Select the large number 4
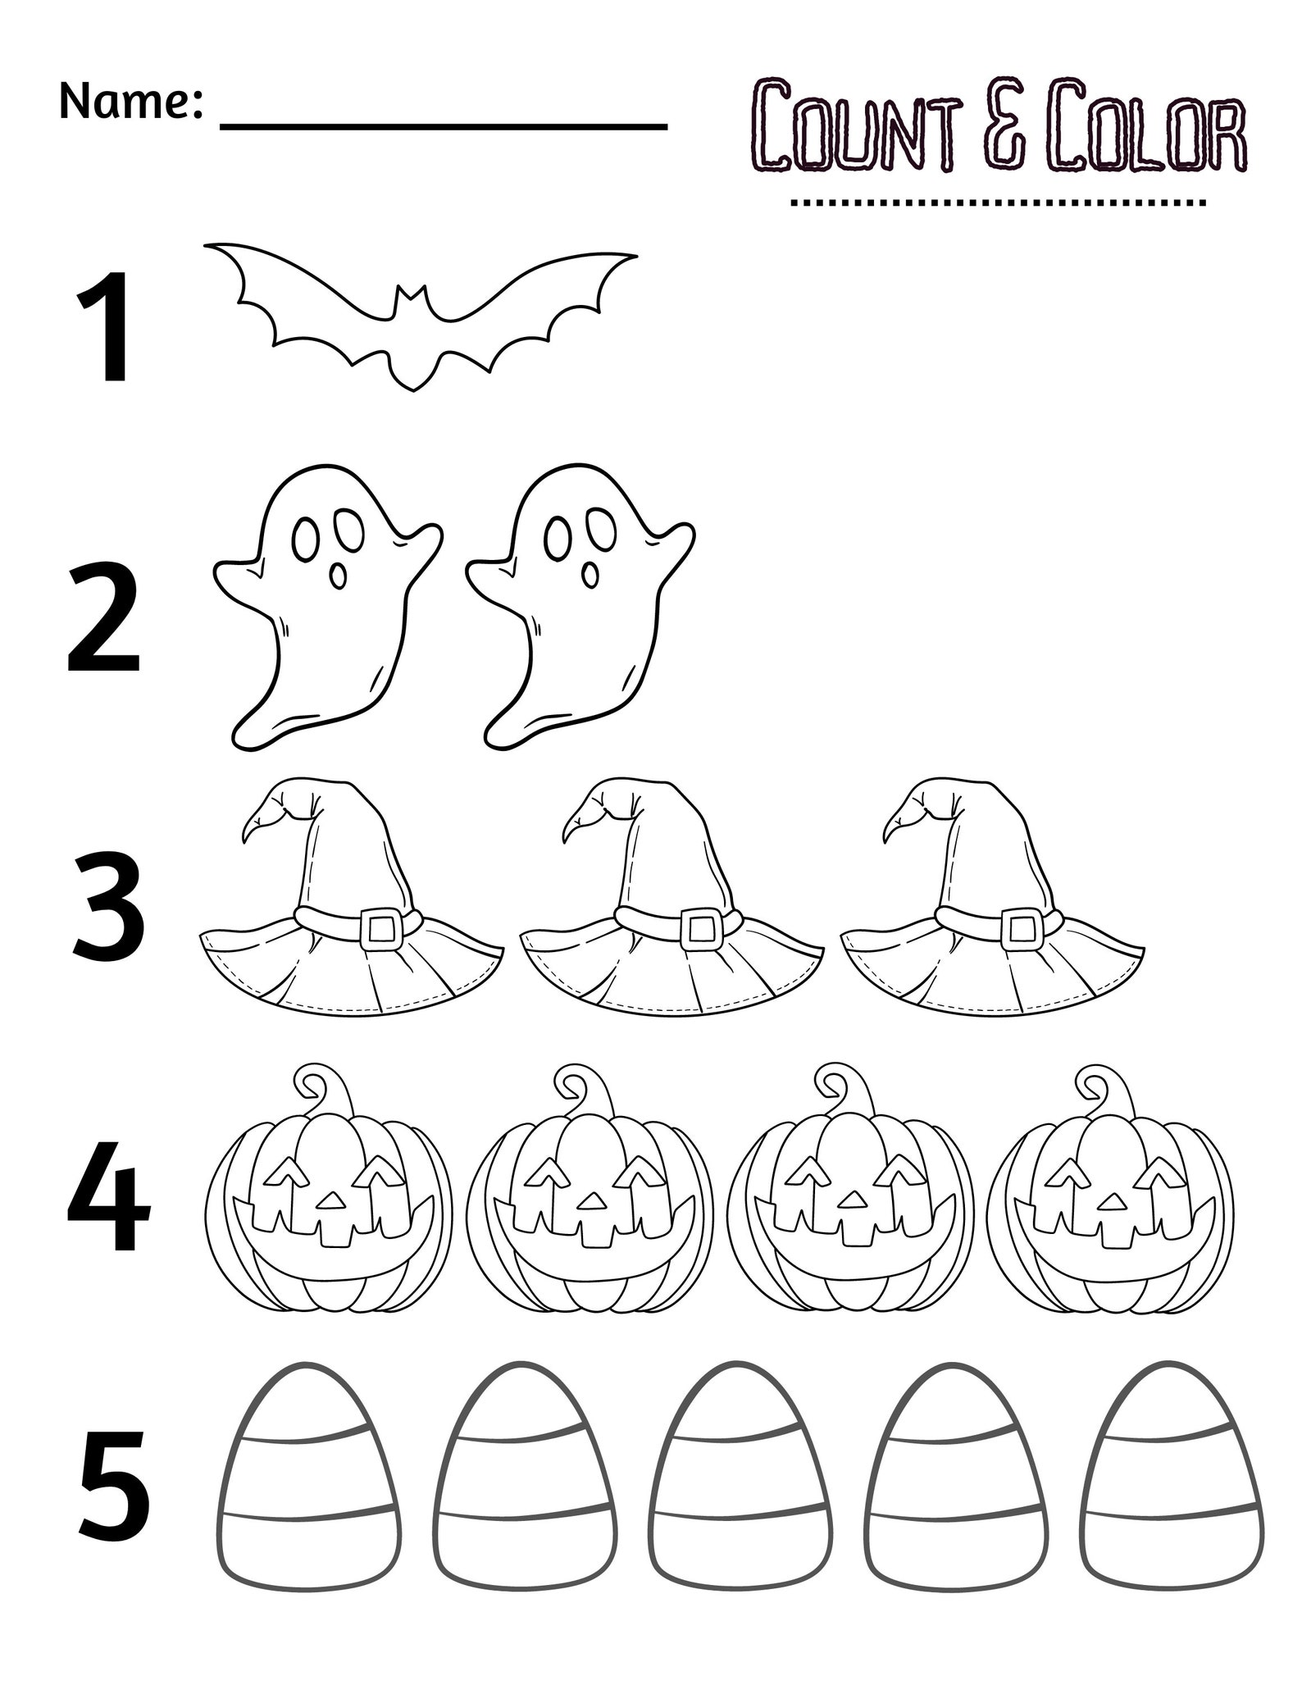click(x=108, y=1205)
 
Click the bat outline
click(x=419, y=312)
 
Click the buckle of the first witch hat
click(x=380, y=927)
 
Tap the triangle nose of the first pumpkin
click(x=330, y=1200)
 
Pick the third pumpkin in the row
click(x=854, y=1205)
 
